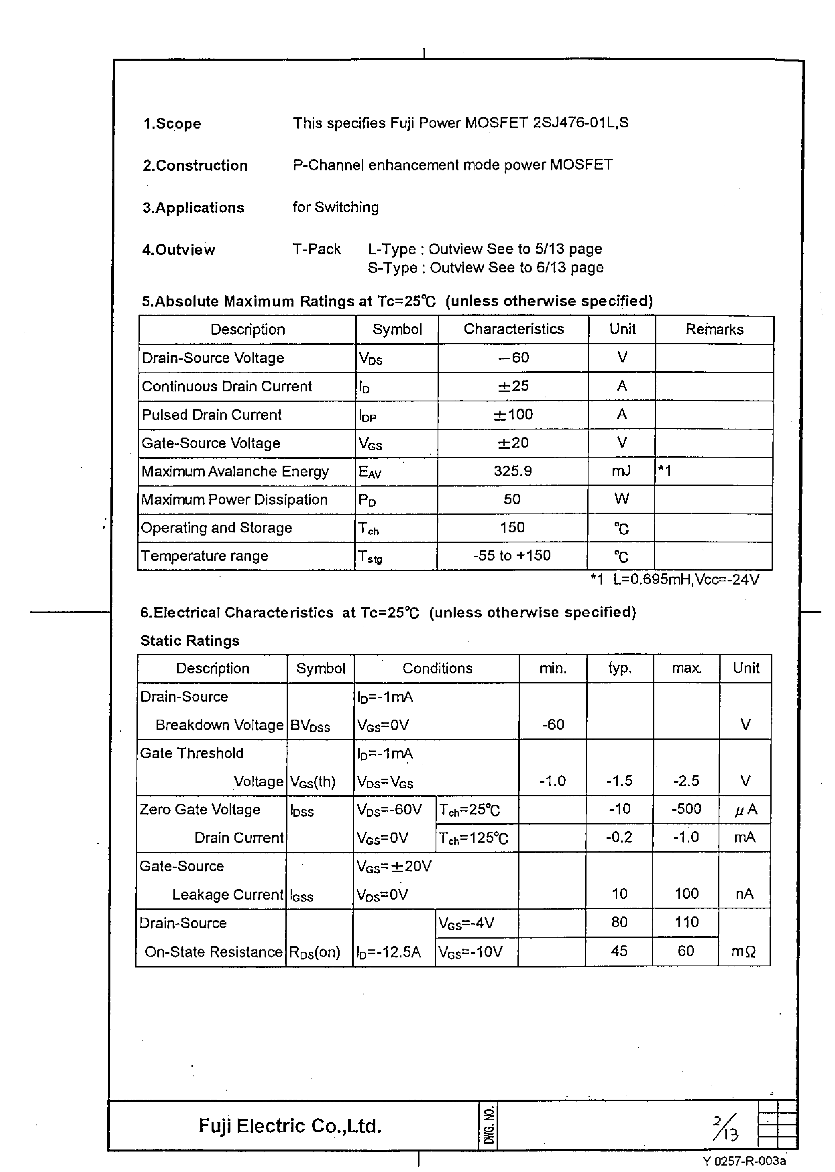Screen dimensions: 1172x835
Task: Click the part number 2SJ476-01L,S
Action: (580, 123)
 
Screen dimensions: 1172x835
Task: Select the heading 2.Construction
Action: (195, 166)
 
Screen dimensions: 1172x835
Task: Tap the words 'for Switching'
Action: (335, 207)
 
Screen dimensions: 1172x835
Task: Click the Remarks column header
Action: (714, 329)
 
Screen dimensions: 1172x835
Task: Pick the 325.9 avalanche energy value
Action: (513, 471)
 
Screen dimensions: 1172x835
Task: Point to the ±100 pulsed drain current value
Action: (513, 415)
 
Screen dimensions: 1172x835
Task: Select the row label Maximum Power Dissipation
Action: (234, 499)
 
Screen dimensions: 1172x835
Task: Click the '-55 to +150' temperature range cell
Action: (511, 556)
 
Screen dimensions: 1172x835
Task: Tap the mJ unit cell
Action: (621, 471)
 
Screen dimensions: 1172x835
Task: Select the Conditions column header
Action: (437, 668)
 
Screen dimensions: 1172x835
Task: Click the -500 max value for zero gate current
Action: (686, 809)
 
